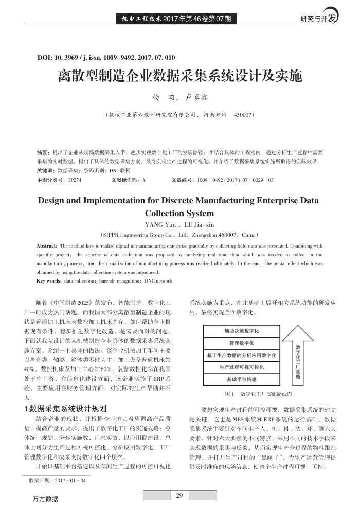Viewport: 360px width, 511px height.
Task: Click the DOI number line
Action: click(x=106, y=58)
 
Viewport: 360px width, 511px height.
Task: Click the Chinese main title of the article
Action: click(x=179, y=77)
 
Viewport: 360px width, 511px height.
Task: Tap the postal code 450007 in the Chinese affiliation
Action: click(x=244, y=114)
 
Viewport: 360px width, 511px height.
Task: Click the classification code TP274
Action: click(x=75, y=180)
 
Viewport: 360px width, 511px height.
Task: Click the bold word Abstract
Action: click(x=47, y=246)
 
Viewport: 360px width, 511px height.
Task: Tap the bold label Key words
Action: click(x=49, y=281)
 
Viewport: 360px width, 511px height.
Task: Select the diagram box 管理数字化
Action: click(x=241, y=343)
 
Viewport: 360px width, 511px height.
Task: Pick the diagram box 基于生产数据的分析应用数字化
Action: click(x=241, y=355)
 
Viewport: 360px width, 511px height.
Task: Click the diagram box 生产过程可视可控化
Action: click(x=241, y=367)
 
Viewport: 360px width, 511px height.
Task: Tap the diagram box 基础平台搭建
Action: click(x=241, y=379)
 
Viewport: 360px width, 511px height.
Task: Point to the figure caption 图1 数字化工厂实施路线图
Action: click(x=259, y=394)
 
